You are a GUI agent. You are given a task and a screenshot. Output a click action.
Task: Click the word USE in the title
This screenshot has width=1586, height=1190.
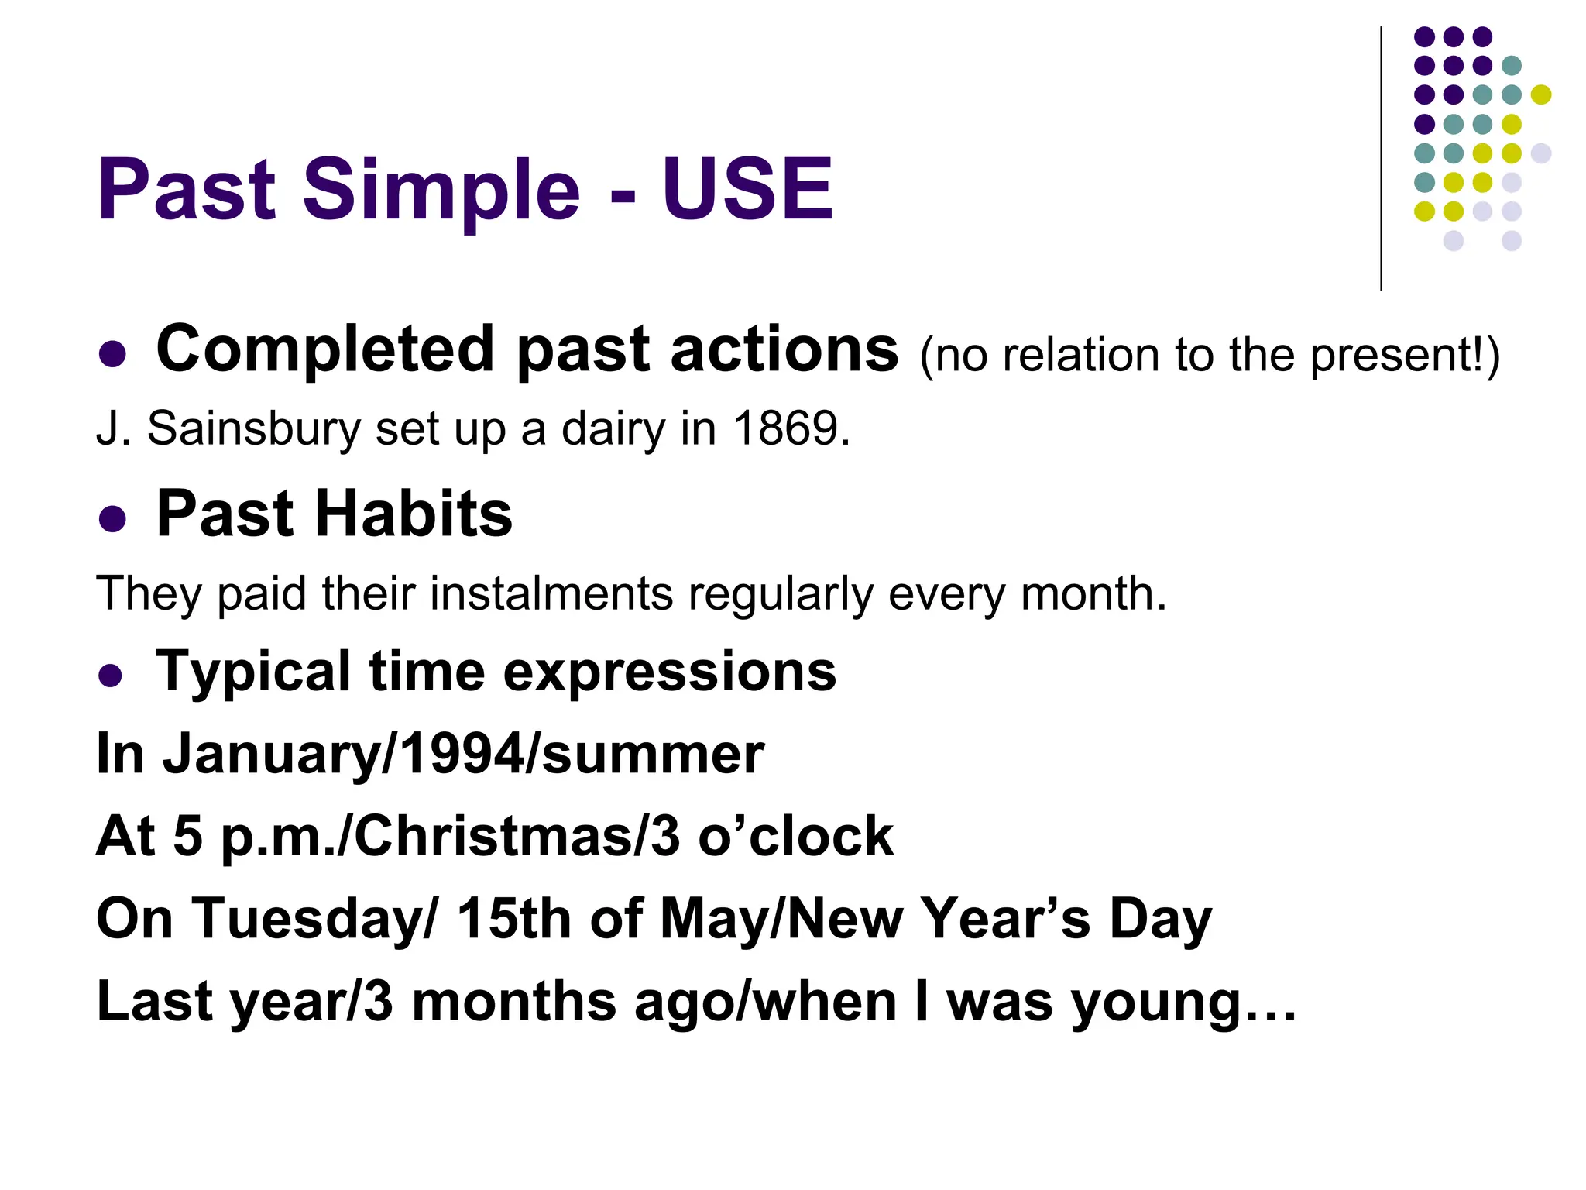click(x=747, y=189)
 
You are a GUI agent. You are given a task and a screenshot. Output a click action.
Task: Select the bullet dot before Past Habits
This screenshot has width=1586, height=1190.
click(x=112, y=518)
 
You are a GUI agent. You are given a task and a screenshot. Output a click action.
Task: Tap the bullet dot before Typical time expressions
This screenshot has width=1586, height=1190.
click(x=111, y=675)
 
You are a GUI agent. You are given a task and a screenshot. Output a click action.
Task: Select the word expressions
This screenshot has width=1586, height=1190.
click(x=670, y=672)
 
